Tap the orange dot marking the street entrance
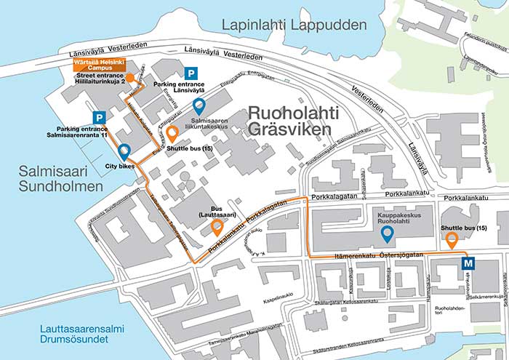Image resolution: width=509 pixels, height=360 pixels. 129,77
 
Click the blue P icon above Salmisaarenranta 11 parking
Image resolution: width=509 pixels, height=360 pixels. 97,118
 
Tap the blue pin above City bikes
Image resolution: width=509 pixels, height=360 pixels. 124,151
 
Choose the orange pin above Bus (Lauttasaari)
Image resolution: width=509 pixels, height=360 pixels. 217,227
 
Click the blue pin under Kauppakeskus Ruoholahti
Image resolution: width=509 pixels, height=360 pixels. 388,233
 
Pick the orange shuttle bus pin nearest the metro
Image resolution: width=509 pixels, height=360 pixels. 452,239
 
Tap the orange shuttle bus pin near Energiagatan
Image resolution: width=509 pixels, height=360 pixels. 172,133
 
